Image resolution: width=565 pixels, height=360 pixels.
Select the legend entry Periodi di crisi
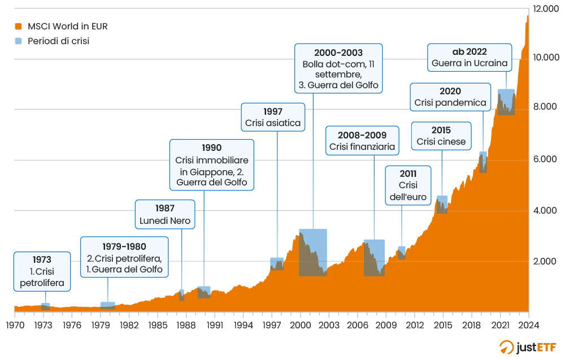(54, 41)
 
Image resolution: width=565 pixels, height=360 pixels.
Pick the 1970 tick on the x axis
(15, 325)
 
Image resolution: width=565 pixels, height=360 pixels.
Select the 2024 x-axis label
(529, 325)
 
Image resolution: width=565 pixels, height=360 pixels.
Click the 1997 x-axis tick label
(272, 325)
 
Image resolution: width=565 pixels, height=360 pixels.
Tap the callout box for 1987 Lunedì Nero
(165, 214)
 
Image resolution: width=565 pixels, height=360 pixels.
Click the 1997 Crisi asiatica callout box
(273, 117)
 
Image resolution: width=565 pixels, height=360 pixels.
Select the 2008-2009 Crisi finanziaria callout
(362, 141)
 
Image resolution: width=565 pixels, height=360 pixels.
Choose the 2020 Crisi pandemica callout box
(450, 97)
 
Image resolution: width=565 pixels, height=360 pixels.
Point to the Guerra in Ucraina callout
(470, 58)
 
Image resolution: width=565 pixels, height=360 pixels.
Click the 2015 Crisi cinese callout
(441, 136)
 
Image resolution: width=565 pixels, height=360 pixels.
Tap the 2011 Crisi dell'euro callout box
(408, 185)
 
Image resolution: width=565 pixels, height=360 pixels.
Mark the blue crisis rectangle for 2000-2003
(313, 252)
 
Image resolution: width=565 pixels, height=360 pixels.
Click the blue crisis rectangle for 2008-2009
(374, 258)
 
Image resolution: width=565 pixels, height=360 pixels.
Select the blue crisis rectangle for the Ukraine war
(506, 102)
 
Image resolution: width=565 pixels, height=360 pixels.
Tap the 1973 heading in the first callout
(42, 260)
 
